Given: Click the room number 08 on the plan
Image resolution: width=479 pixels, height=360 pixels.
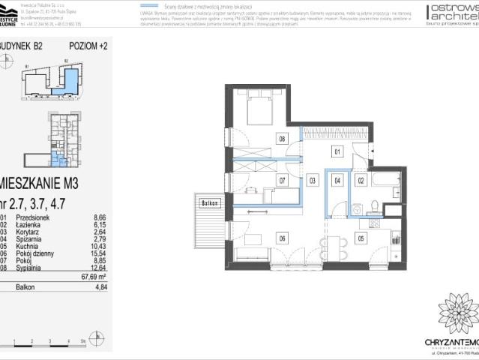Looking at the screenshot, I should [x=283, y=139].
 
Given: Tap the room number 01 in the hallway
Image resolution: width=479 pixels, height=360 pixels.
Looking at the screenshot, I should [x=337, y=152].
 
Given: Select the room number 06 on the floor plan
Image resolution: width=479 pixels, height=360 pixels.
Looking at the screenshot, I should [x=282, y=238].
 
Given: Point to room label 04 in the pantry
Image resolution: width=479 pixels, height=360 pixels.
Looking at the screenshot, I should [x=338, y=181].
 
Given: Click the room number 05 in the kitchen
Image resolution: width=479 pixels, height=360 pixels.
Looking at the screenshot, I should [x=361, y=238].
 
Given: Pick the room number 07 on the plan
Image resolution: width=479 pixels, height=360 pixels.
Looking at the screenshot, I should [x=283, y=181].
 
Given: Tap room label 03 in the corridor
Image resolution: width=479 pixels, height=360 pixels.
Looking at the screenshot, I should [x=313, y=181].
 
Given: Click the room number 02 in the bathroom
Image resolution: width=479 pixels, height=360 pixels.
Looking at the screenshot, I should [x=361, y=181].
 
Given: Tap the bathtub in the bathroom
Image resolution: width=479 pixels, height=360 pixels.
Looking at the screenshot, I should [x=389, y=182].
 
